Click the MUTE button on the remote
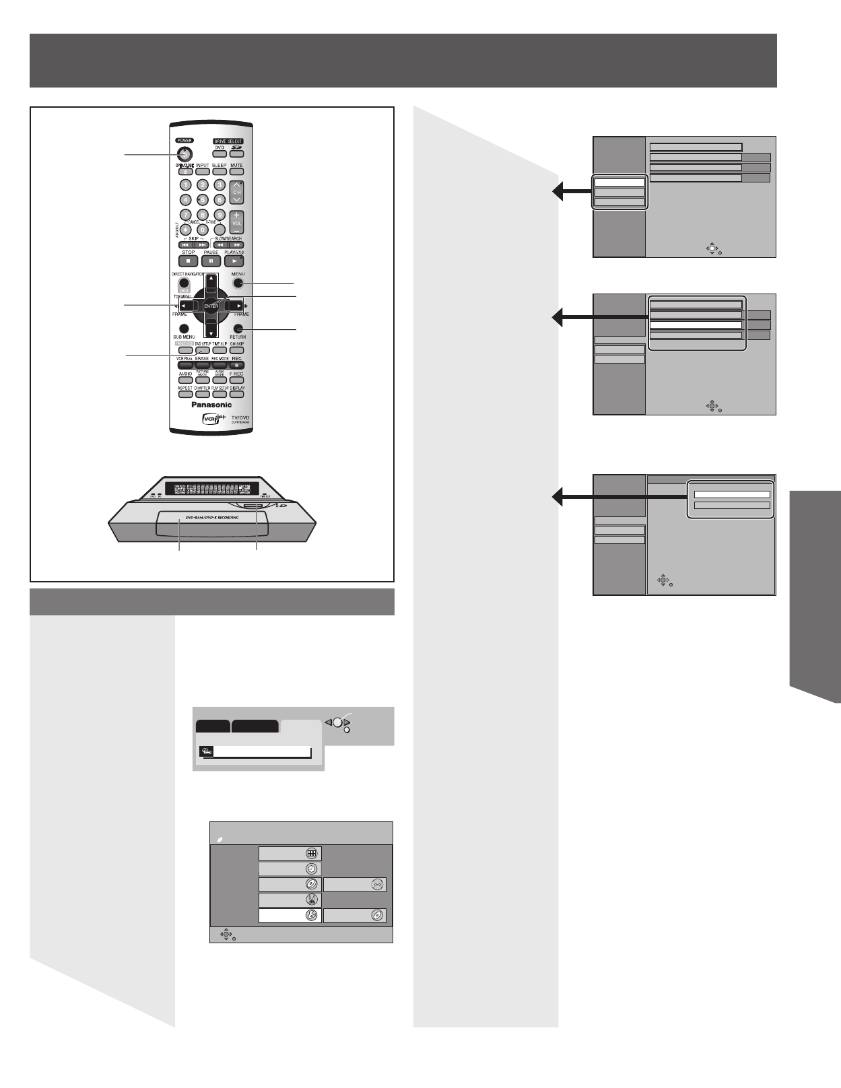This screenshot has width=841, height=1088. pyautogui.click(x=236, y=171)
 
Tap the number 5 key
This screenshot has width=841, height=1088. pyautogui.click(x=202, y=199)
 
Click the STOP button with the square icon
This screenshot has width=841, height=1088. pyautogui.click(x=188, y=261)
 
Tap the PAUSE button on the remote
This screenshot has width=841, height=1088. pyautogui.click(x=211, y=261)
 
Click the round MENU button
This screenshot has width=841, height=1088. pyautogui.click(x=238, y=284)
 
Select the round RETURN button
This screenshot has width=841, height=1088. pyautogui.click(x=238, y=328)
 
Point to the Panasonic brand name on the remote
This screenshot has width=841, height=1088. pyautogui.click(x=211, y=405)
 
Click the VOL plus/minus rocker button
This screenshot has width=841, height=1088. pyautogui.click(x=236, y=222)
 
